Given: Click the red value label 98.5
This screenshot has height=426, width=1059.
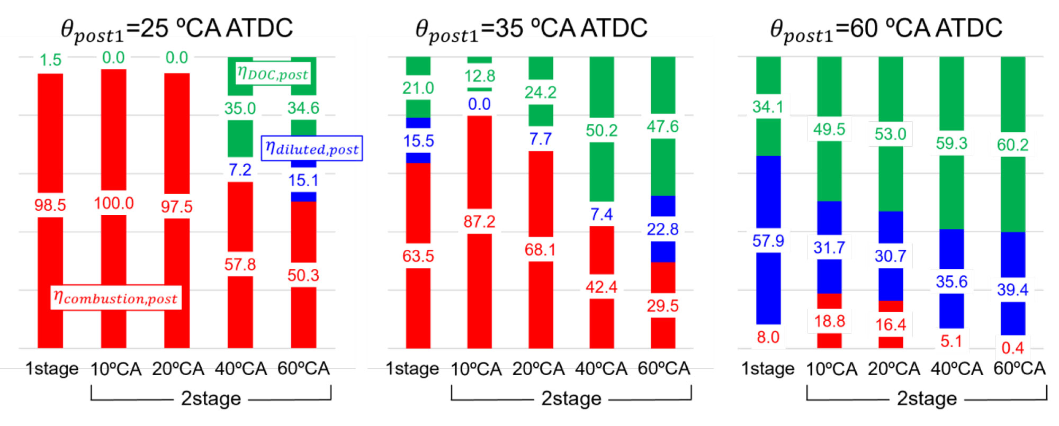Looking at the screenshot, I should click(x=50, y=205).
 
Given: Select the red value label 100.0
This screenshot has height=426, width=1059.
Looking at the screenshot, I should click(x=114, y=203).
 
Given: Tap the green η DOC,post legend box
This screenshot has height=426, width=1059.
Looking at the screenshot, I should click(x=272, y=74).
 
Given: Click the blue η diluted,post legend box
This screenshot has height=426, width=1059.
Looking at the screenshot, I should click(x=312, y=148).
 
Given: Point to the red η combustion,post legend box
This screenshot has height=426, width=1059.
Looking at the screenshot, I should click(x=116, y=298).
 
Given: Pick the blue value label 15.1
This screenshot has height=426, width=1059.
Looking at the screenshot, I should click(x=303, y=180).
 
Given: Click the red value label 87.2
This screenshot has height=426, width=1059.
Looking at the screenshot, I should click(x=479, y=221).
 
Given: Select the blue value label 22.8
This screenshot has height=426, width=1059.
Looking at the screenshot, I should click(x=662, y=229).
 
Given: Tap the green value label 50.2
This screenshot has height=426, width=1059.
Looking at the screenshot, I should click(x=602, y=130).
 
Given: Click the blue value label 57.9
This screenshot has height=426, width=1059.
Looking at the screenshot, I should click(x=768, y=241).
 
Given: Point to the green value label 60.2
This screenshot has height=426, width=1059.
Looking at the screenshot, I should click(x=1012, y=144).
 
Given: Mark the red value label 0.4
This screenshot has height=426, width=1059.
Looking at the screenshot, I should click(x=1012, y=348).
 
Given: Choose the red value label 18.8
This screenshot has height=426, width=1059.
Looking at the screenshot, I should click(x=829, y=321).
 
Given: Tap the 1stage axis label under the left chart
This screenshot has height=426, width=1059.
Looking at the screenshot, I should click(x=52, y=368).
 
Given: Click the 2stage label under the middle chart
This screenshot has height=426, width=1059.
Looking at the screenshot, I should click(x=571, y=398).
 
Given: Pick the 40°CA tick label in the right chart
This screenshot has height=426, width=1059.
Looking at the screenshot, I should click(x=956, y=368).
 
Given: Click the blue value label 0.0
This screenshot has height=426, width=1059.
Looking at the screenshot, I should click(x=479, y=104).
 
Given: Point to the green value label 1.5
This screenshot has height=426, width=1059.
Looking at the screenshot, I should click(x=50, y=60).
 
